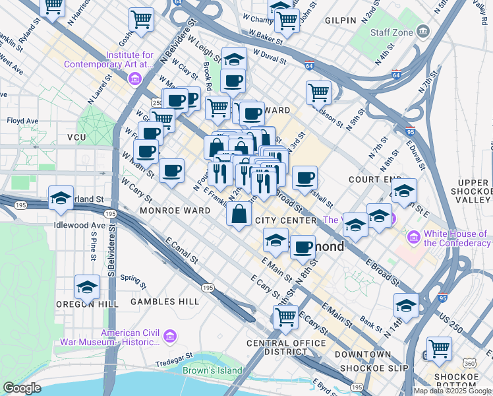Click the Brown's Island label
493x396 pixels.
212,370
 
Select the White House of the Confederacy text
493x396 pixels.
457,238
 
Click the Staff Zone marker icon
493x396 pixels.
423,30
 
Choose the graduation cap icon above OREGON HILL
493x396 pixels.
87,286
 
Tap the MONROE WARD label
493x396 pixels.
165,211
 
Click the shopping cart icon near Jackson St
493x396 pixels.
319,92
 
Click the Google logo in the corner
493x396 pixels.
22,388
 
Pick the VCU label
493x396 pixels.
77,137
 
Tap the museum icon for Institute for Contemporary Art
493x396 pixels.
136,79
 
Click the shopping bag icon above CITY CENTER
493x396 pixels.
239,213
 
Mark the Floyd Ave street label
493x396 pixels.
23,121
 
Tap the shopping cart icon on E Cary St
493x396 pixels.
285,316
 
